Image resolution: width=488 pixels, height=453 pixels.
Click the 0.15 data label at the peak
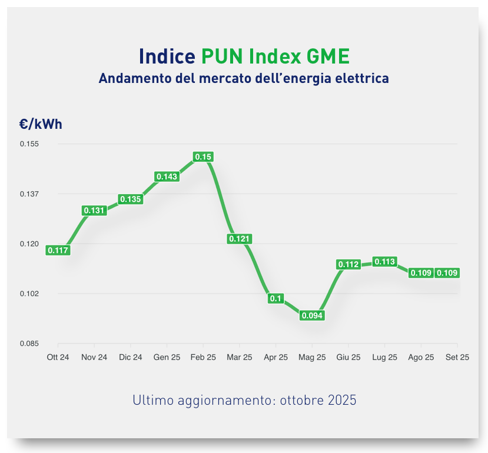point(203,157)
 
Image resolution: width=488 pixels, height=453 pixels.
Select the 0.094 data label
point(312,316)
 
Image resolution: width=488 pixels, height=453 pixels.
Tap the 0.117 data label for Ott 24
point(58,251)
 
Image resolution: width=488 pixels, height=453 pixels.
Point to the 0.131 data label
point(94,211)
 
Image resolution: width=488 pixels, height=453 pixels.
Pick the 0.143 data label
point(167,176)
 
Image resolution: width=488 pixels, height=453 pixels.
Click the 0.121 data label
point(240,239)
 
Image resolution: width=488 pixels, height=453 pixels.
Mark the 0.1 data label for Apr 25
point(275,298)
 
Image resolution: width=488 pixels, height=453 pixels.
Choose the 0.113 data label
point(384,262)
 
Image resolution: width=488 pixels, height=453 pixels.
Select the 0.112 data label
point(348,265)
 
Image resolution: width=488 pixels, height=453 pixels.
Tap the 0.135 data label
point(131,199)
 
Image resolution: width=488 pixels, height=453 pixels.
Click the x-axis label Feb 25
point(203,357)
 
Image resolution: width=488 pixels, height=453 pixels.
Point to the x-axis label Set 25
point(457,357)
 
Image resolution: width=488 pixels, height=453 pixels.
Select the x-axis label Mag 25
point(312,357)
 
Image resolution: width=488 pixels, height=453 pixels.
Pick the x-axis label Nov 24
point(94,357)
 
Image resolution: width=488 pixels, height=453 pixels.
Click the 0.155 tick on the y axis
point(29,144)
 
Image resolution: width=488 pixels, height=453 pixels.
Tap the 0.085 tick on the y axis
point(29,344)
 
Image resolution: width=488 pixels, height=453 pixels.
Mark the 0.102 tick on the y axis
point(29,294)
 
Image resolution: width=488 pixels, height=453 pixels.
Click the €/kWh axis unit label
point(41,124)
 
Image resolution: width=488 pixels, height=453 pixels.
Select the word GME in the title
point(328,56)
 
